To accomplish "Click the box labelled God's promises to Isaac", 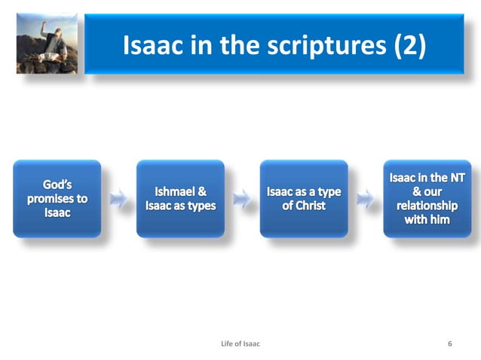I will (x=57, y=199).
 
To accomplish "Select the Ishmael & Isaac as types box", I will (x=180, y=199).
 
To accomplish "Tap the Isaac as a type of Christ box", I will (x=304, y=199).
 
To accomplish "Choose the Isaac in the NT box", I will (x=427, y=199).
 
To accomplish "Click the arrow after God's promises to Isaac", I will (x=118, y=200).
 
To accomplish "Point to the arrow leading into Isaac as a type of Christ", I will (x=242, y=200).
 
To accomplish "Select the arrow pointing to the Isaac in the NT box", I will (x=366, y=200).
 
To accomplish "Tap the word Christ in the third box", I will (x=304, y=206).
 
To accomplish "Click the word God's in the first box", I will (x=57, y=185).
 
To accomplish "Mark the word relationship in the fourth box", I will (x=427, y=206).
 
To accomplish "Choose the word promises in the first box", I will (x=57, y=199).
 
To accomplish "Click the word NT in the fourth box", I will (x=455, y=178).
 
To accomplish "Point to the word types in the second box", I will (x=201, y=206).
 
